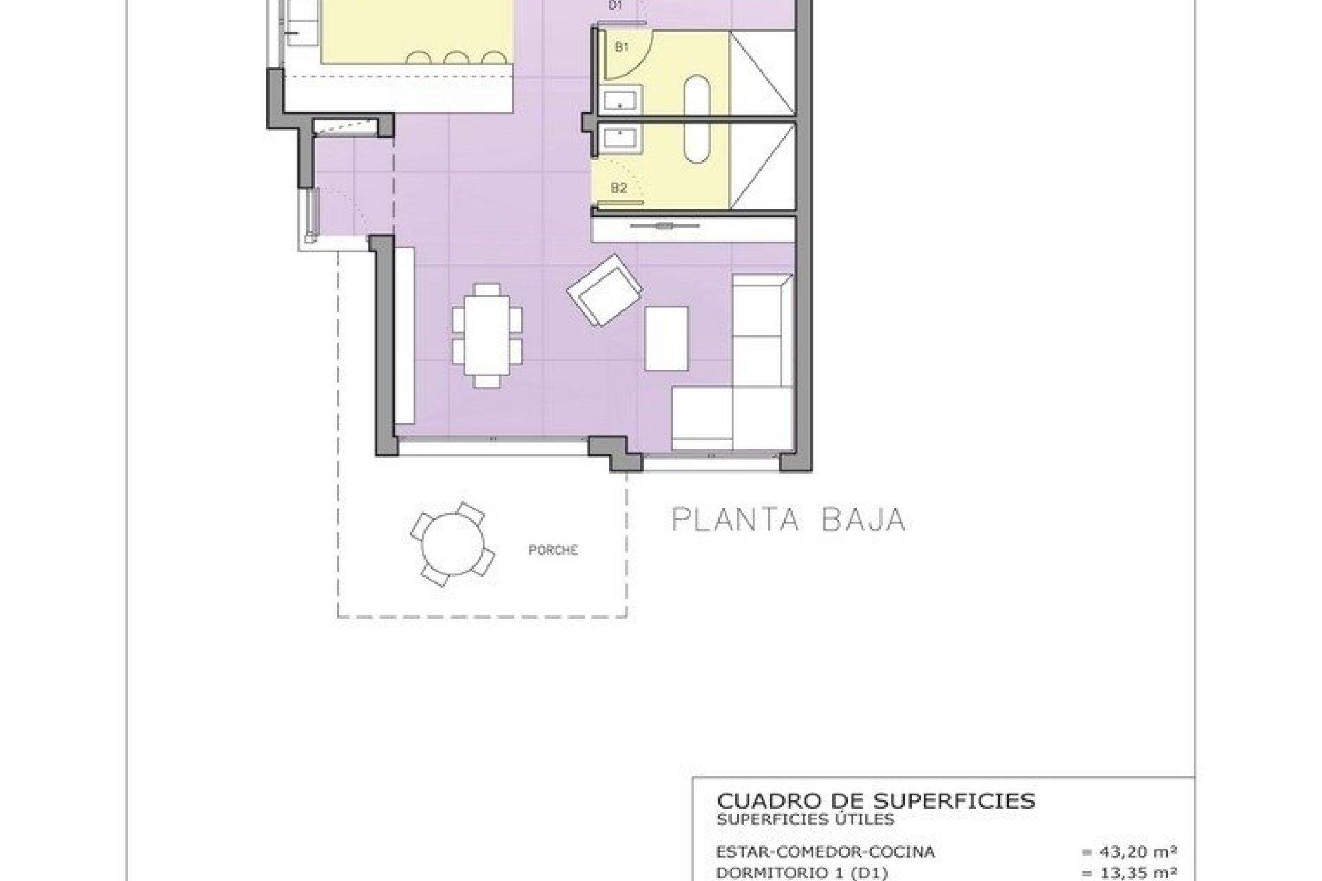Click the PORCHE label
[553, 551]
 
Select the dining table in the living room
[487, 335]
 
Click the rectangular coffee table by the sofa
[666, 339]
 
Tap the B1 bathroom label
[622, 47]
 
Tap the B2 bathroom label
[618, 187]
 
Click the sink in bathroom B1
[622, 100]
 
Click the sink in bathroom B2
[622, 138]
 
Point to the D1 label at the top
[616, 6]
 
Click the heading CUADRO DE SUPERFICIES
[876, 801]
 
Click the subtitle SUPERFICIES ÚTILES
[806, 819]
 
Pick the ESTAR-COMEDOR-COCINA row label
[826, 852]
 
